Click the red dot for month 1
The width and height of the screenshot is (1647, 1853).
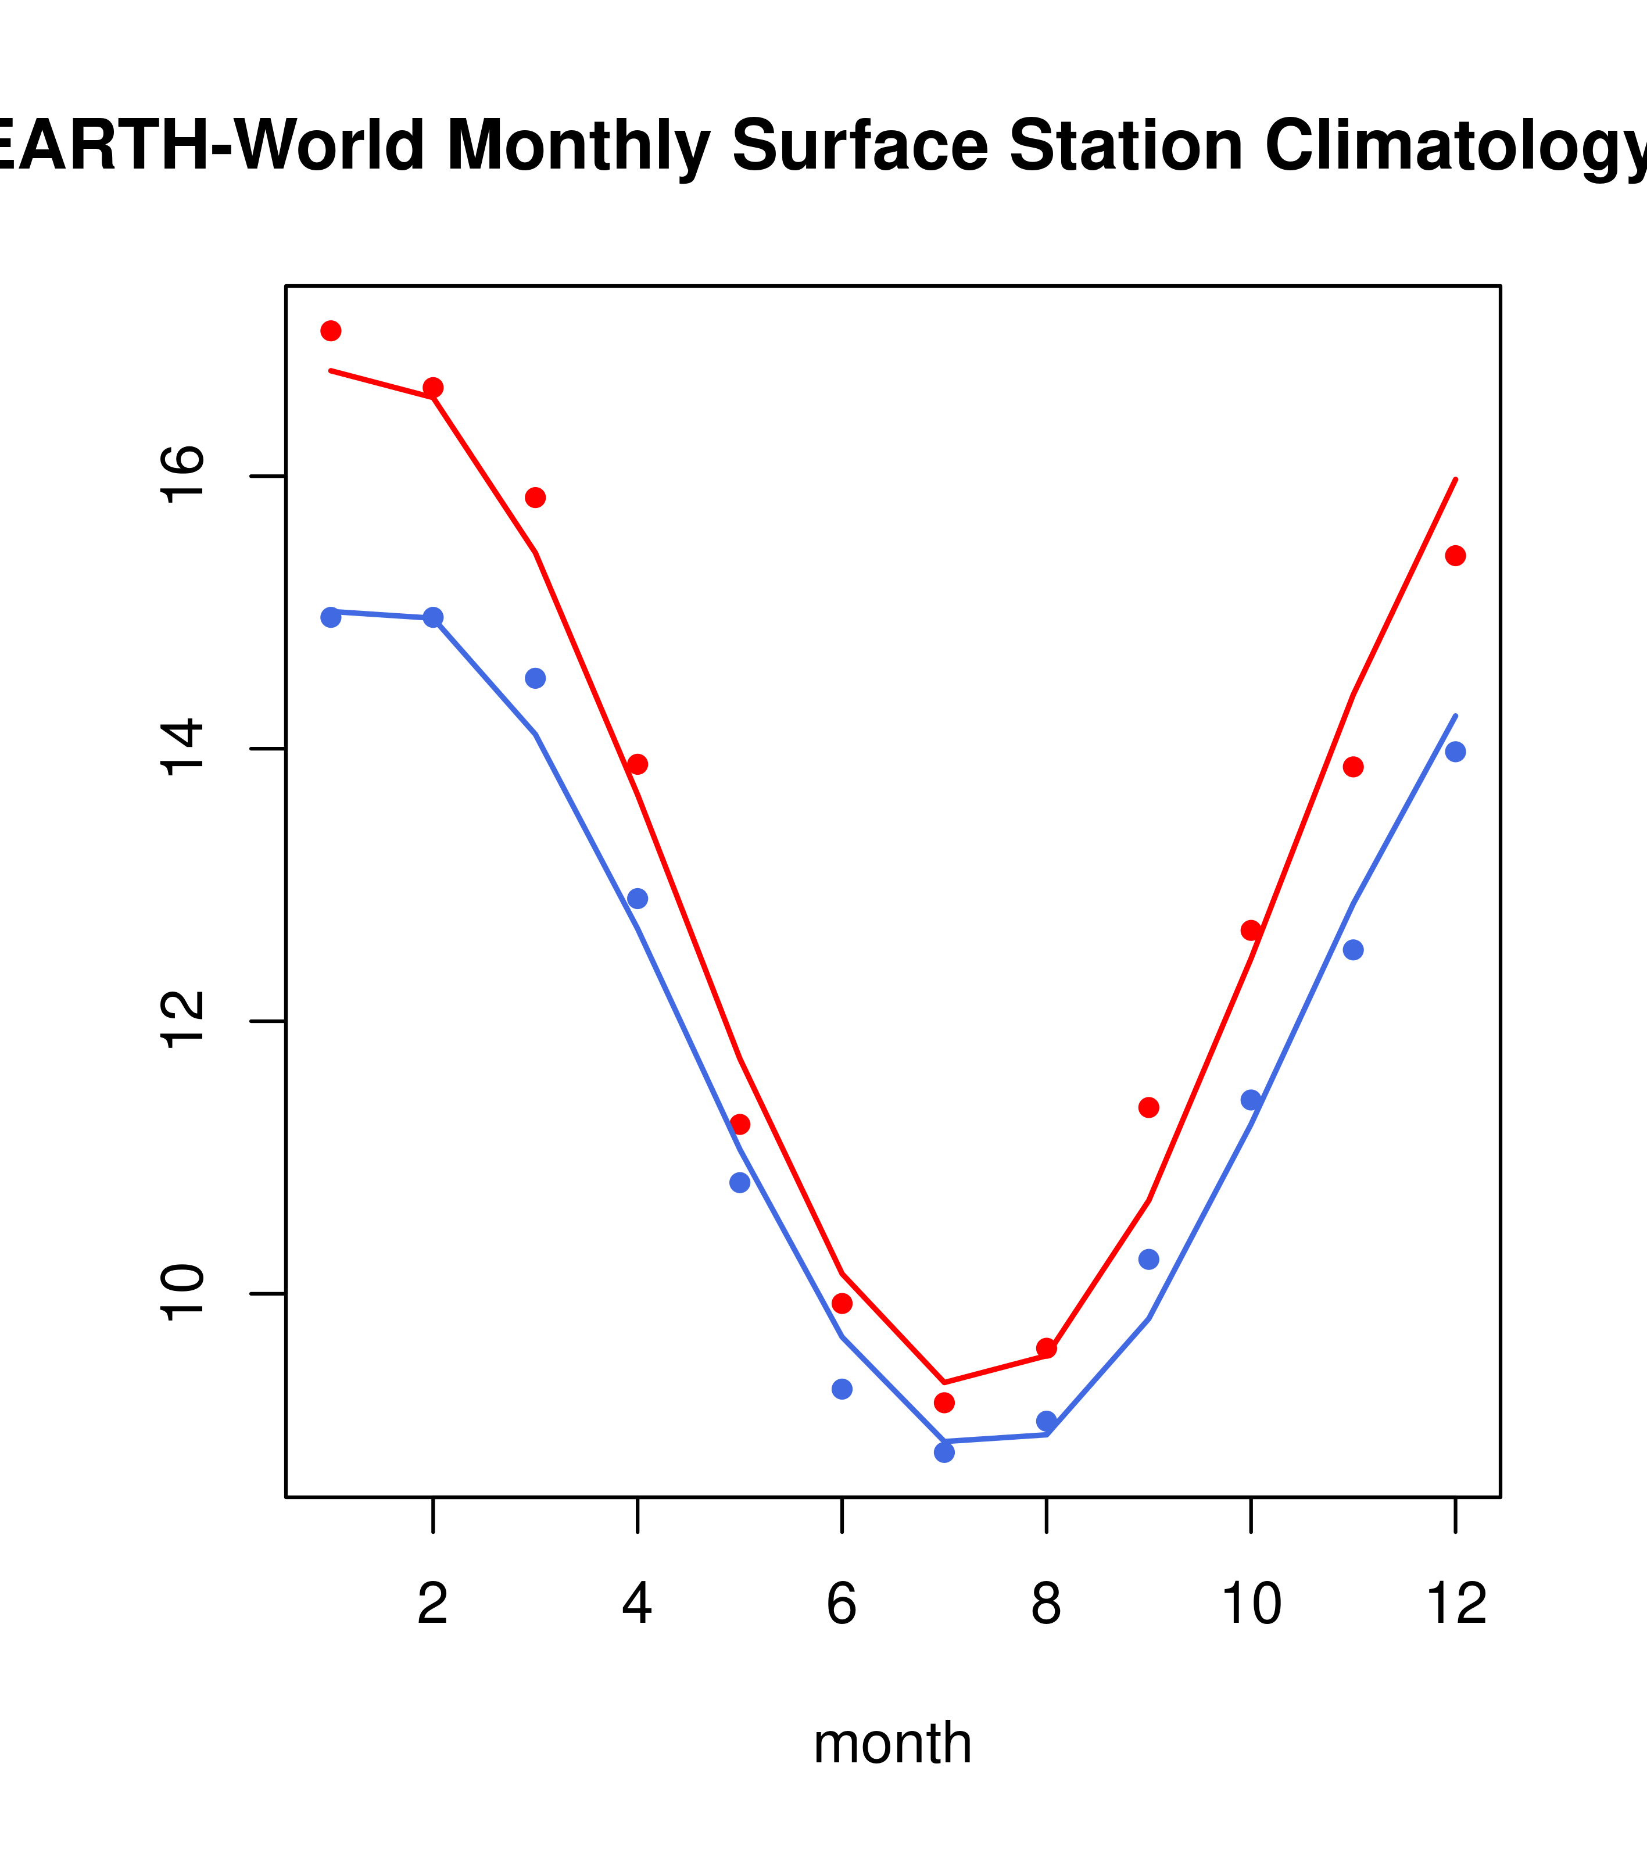pos(331,331)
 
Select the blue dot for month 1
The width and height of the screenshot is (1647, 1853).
pos(331,617)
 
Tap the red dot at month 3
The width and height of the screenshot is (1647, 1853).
pos(536,498)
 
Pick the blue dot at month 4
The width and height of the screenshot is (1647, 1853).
pos(638,899)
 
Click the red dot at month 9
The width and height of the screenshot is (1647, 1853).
pos(1150,1108)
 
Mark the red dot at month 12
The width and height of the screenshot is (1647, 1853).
pos(1456,556)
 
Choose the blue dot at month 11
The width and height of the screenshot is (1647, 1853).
pos(1354,950)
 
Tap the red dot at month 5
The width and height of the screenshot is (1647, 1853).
pos(740,1124)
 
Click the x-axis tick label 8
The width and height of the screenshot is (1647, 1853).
pos(1046,1605)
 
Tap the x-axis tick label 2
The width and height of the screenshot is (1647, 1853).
pos(434,1605)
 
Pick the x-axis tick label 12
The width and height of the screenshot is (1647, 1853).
pos(1456,1605)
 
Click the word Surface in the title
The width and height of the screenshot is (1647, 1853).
pos(860,146)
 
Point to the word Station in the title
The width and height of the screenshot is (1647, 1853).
pos(1126,146)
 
